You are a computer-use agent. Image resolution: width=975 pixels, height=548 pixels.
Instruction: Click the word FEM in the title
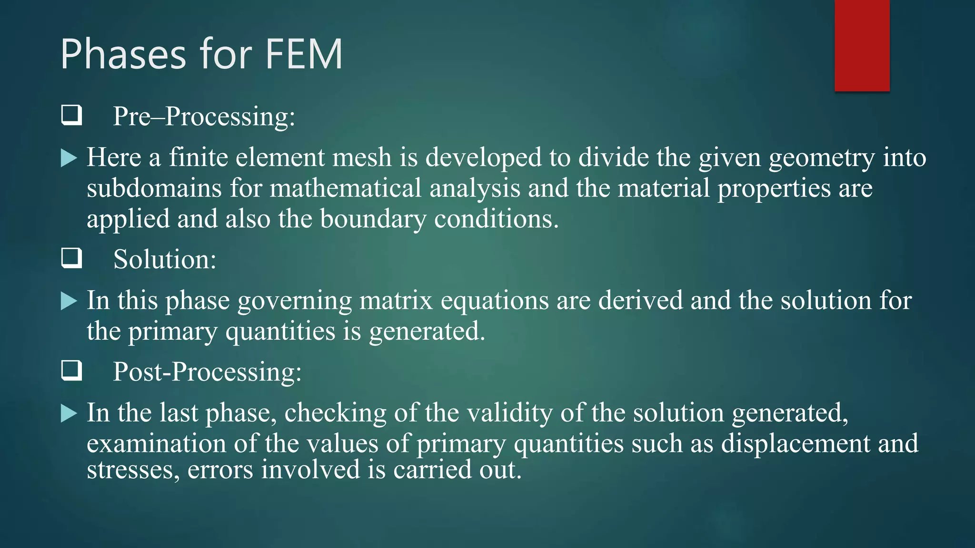point(303,54)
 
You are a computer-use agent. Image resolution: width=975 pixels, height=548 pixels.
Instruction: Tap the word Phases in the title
point(123,54)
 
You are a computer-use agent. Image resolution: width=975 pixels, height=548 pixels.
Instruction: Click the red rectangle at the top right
point(862,45)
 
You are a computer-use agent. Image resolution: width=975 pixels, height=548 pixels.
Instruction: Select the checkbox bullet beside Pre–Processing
point(71,116)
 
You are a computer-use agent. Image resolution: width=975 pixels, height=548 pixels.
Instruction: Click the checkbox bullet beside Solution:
point(71,258)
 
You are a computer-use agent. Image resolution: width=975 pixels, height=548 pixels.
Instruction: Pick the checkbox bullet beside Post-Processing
point(71,371)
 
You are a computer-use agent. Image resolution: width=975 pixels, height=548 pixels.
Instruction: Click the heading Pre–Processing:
point(204,117)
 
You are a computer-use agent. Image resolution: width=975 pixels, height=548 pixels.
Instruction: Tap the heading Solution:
point(165,260)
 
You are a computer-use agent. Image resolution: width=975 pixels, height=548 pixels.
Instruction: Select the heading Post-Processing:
point(207,372)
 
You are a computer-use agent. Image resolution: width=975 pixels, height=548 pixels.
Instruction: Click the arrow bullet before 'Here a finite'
point(69,158)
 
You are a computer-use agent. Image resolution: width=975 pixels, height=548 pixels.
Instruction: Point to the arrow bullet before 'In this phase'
point(69,301)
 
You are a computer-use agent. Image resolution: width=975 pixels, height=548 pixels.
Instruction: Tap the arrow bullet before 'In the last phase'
point(69,413)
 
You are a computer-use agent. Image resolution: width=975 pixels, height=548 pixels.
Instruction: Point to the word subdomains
point(154,188)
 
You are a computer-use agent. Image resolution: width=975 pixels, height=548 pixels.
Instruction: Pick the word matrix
point(396,301)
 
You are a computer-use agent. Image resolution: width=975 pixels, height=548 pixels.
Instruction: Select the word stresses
point(133,470)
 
